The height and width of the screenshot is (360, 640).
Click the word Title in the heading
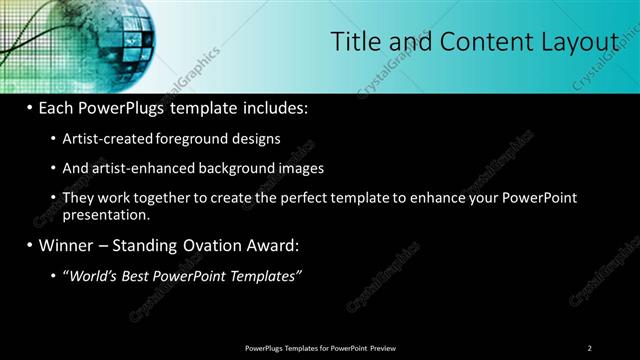tap(353, 41)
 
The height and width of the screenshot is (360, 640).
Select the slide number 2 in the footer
tap(589, 348)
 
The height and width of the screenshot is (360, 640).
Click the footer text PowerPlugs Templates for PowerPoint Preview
tap(319, 348)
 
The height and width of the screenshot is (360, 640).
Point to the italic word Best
tap(134, 275)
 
